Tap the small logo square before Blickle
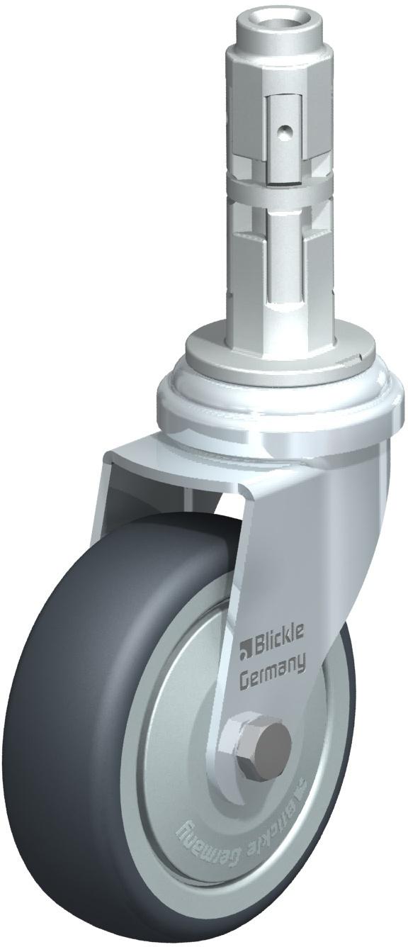[x=245, y=648]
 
